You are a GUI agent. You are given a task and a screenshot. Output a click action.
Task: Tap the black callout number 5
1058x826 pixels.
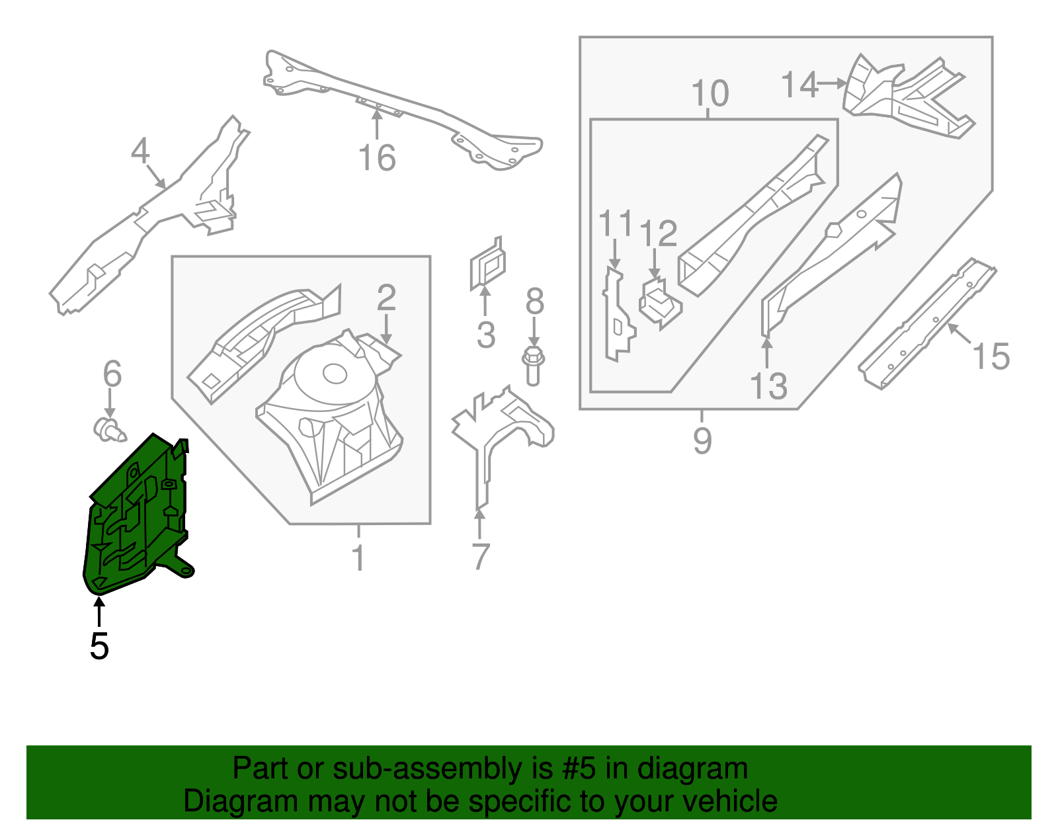pyautogui.click(x=99, y=646)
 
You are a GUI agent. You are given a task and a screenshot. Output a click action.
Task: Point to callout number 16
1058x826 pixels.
pyautogui.click(x=377, y=158)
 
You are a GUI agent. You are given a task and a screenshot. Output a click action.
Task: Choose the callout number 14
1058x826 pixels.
pyautogui.click(x=799, y=85)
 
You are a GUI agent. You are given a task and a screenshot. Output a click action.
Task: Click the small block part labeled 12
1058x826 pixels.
pyautogui.click(x=660, y=303)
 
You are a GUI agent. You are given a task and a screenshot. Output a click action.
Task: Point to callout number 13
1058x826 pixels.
pyautogui.click(x=768, y=386)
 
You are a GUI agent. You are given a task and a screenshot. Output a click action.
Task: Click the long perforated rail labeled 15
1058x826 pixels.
pyautogui.click(x=926, y=324)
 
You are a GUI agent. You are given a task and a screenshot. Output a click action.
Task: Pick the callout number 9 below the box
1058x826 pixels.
pyautogui.click(x=702, y=440)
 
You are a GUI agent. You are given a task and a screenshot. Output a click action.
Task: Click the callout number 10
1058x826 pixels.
pyautogui.click(x=710, y=93)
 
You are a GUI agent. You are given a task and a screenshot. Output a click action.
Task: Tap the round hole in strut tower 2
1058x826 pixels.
pyautogui.click(x=335, y=374)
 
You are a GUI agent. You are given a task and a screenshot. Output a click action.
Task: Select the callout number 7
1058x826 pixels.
pyautogui.click(x=481, y=556)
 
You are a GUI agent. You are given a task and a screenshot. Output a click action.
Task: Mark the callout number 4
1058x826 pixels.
pyautogui.click(x=140, y=151)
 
